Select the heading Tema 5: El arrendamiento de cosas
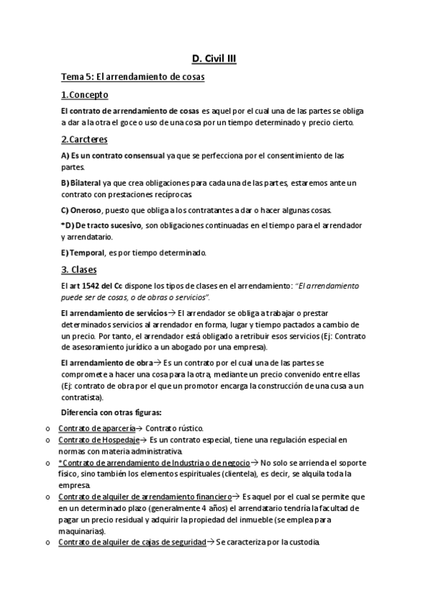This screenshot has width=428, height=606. [133, 77]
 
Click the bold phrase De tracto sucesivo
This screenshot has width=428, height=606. [108, 225]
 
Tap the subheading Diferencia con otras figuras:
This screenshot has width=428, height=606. [111, 412]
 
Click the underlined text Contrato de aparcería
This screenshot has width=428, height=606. [96, 427]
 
